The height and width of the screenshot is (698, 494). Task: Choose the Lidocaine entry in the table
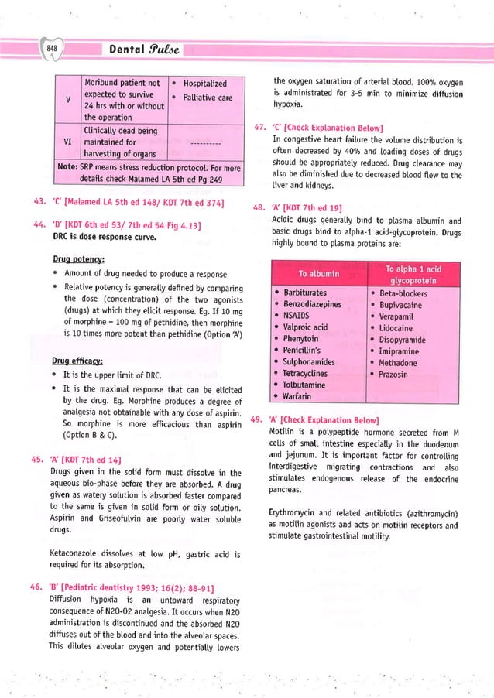(398, 328)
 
